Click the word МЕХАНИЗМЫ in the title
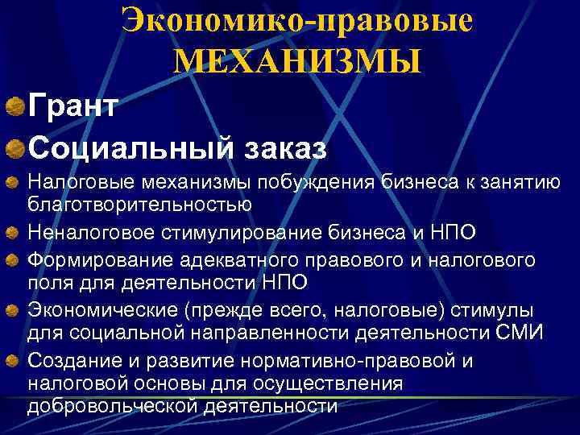tap(296, 61)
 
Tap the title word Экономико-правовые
tap(296, 21)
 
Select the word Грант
tap(73, 106)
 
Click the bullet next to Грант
tap(14, 106)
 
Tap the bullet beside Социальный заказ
tap(14, 148)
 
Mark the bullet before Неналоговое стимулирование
tap(14, 234)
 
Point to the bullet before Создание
tap(14, 361)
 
